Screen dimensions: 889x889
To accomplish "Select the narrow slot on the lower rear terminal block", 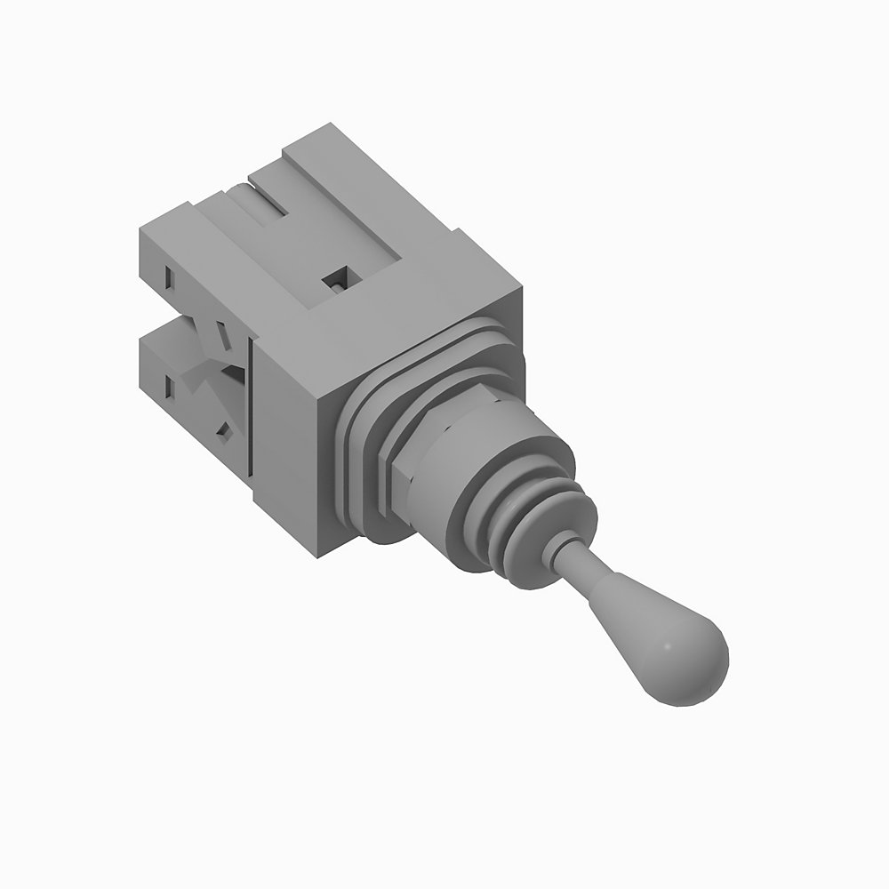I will point(168,386).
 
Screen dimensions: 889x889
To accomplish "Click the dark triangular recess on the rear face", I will point(233,373).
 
